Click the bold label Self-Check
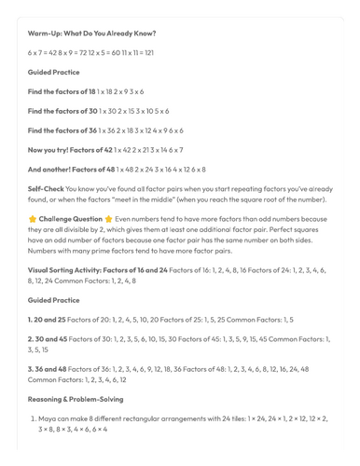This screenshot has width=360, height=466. point(46,188)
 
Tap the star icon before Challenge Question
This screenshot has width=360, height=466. point(32,220)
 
